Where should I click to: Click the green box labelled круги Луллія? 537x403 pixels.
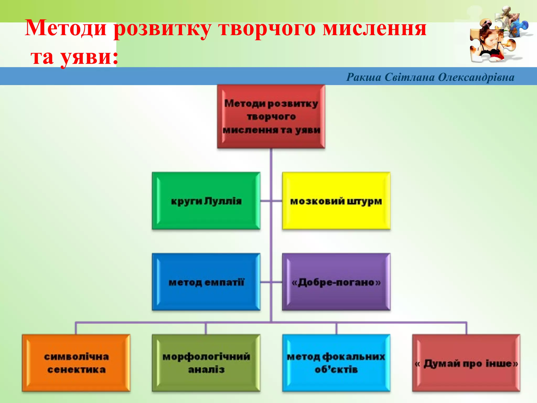point(206,201)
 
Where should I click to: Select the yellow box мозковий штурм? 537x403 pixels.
point(336,201)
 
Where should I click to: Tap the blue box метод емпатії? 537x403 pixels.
point(206,282)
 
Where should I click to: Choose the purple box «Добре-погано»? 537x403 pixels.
point(336,282)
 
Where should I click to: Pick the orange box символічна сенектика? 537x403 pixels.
point(76,363)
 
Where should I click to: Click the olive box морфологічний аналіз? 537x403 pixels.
point(206,363)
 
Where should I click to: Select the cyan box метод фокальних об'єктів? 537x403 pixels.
point(336,363)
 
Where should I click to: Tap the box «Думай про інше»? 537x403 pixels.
point(466,363)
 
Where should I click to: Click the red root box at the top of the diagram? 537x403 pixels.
point(271,116)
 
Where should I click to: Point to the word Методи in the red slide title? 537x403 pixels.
point(66,28)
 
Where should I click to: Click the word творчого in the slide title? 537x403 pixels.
point(267,28)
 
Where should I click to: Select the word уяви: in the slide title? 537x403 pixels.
point(89,57)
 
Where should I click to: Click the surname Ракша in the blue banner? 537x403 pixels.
point(364,77)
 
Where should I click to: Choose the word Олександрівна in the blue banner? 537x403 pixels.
point(476,77)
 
